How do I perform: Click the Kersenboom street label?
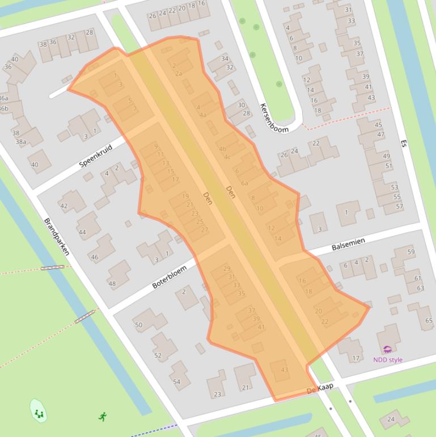point(274,117)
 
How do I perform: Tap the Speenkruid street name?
point(96,155)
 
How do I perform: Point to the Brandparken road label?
point(57,236)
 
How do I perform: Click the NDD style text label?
point(388,359)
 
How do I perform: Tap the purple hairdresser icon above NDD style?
point(388,350)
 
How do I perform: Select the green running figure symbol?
point(103,417)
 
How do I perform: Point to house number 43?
point(284,370)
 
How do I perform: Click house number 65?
point(429,321)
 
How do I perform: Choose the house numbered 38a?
point(20,142)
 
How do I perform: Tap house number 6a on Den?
point(244,183)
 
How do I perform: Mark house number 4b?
point(222,149)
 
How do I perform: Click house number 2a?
point(179,73)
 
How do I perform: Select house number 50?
point(138,325)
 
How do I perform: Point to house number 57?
point(400,206)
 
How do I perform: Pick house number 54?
point(176,382)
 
